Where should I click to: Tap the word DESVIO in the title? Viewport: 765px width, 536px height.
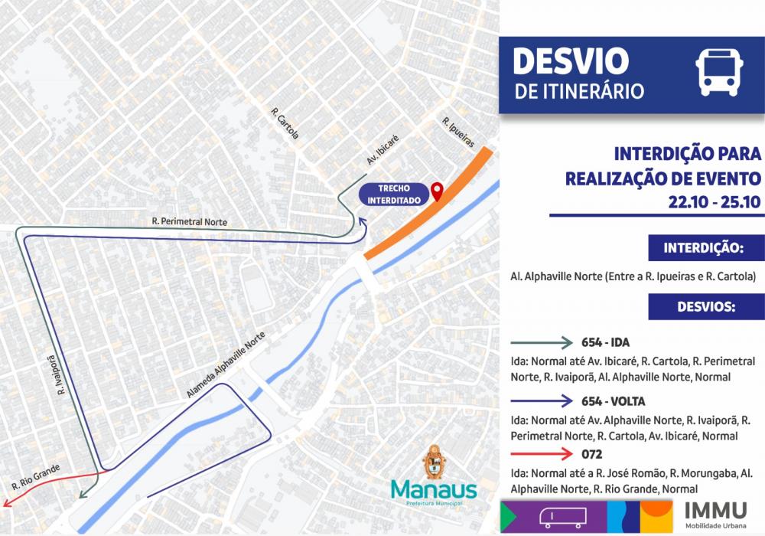tap(570, 62)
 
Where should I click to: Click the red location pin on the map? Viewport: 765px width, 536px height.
tap(437, 191)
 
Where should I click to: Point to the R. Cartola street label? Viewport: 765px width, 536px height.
tap(285, 123)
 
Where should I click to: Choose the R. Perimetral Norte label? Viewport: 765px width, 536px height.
tap(189, 222)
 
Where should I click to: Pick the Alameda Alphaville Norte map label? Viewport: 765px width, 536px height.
tap(229, 369)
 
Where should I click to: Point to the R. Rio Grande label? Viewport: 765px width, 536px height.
tap(35, 476)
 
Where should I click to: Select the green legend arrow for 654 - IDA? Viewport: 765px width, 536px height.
tap(542, 342)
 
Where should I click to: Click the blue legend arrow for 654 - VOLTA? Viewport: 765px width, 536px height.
tap(542, 400)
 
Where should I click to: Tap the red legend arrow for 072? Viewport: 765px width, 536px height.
tap(542, 454)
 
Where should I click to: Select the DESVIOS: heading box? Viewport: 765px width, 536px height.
tap(705, 306)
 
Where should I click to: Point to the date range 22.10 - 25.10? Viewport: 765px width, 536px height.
tap(714, 203)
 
